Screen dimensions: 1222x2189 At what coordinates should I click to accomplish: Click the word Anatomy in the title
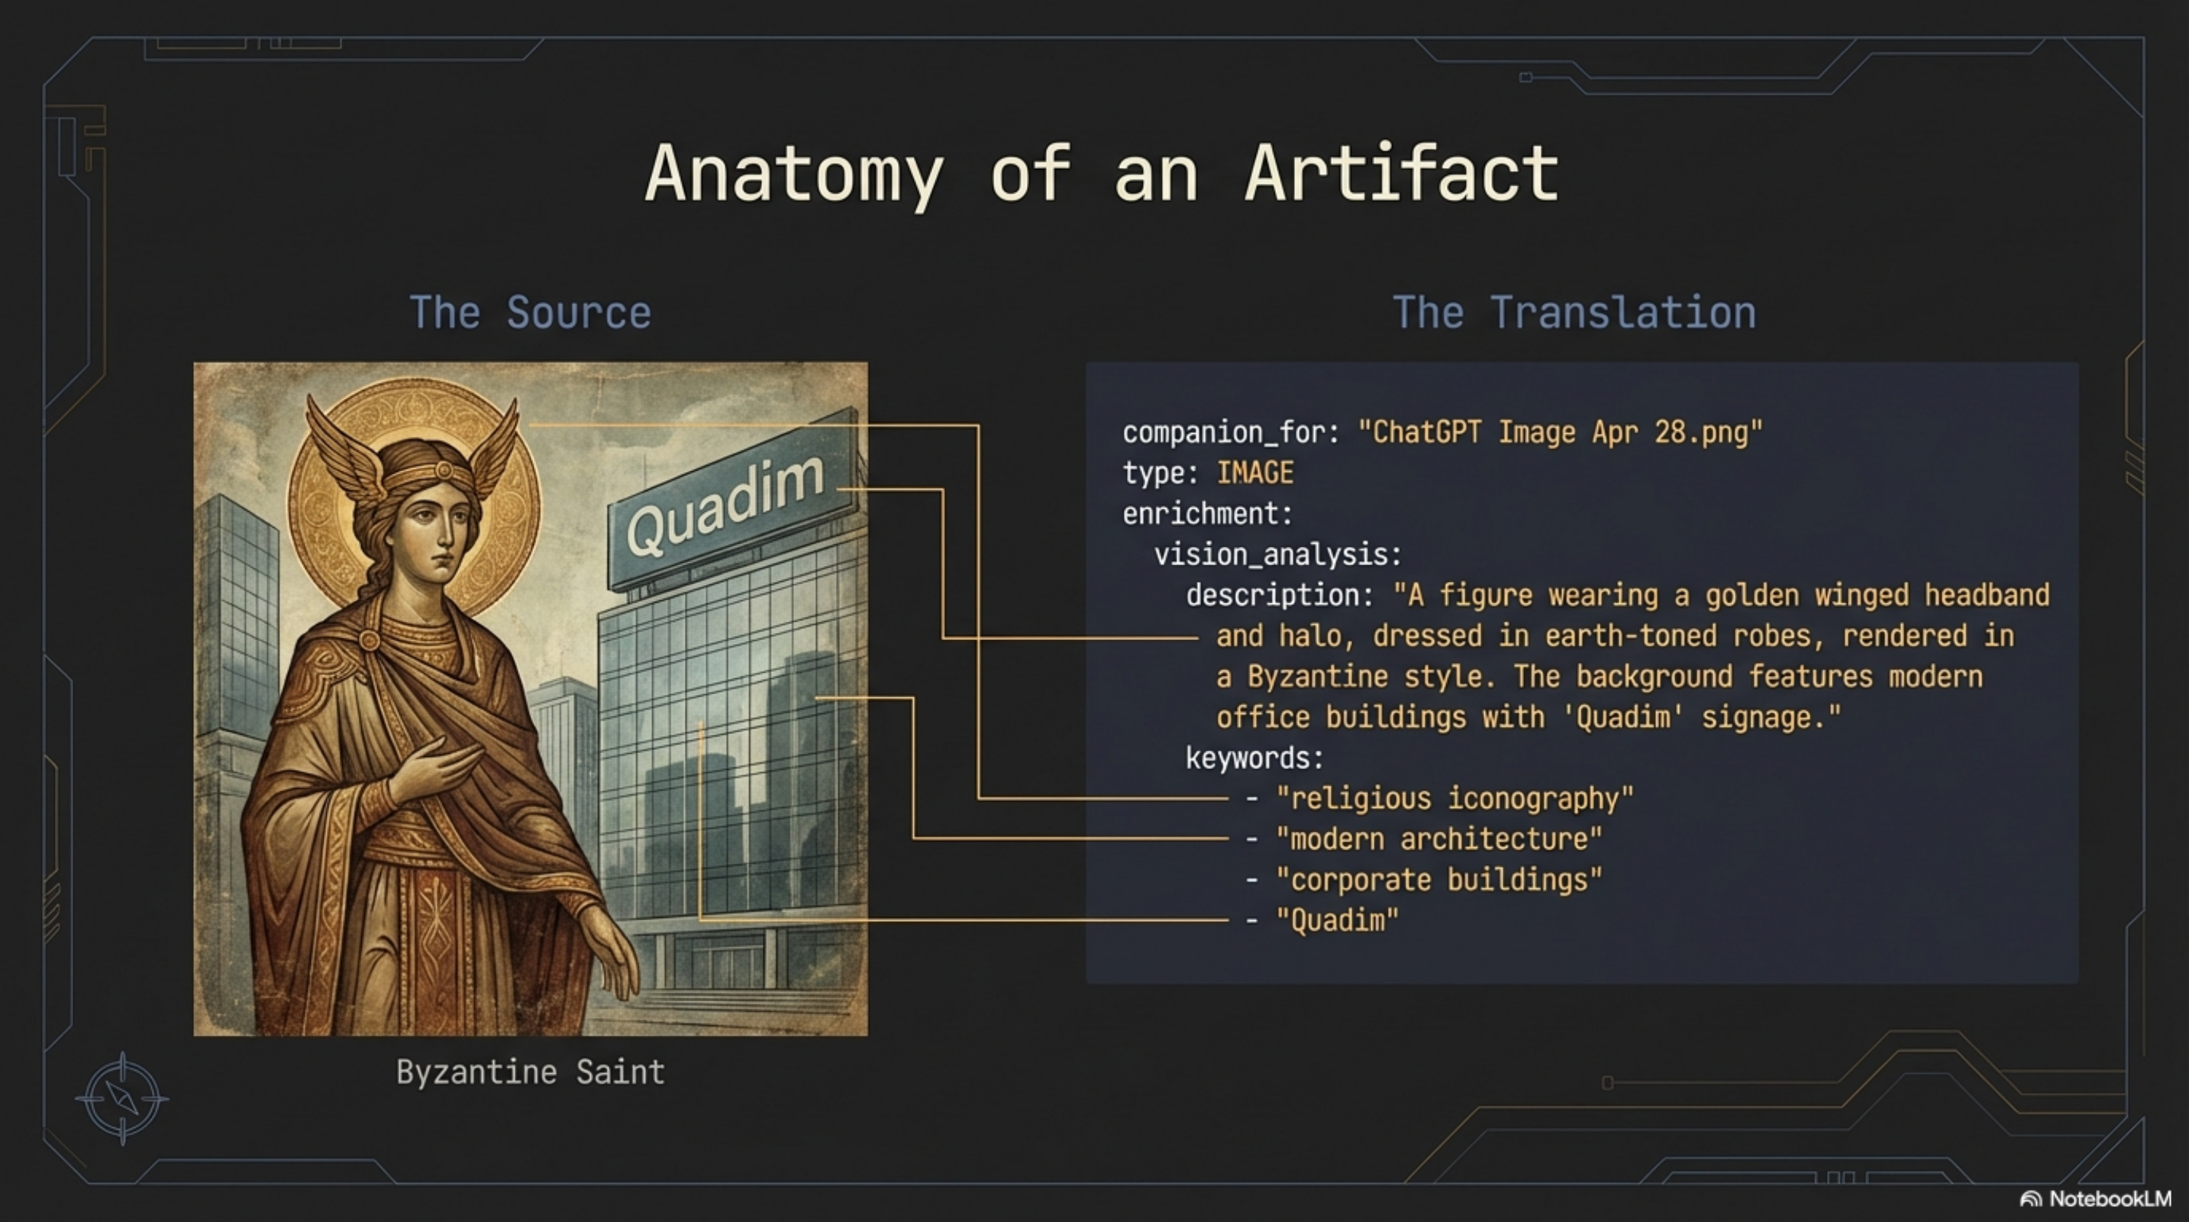point(794,175)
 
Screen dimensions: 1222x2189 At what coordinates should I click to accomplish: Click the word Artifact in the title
point(1402,173)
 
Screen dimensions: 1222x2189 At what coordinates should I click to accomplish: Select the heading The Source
point(530,312)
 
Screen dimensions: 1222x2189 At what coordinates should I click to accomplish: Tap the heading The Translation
point(1574,312)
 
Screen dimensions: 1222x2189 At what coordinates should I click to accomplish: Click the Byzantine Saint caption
point(530,1072)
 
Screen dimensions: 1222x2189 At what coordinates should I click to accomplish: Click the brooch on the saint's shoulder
point(369,639)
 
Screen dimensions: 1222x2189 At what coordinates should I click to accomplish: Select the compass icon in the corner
point(122,1099)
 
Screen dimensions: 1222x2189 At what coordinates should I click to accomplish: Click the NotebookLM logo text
point(2109,1199)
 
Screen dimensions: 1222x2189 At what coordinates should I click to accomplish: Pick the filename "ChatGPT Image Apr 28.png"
point(1560,432)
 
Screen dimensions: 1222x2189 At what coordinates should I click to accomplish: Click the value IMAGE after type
point(1255,474)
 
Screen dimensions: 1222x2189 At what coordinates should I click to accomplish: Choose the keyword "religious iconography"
point(1454,799)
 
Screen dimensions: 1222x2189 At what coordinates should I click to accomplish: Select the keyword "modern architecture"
point(1438,839)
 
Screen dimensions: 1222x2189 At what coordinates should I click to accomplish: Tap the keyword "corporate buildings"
point(1438,881)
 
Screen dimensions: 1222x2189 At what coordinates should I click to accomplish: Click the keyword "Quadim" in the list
point(1338,920)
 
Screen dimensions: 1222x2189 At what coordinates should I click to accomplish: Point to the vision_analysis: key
point(1277,555)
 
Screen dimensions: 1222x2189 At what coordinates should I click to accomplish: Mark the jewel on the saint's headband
point(444,470)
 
